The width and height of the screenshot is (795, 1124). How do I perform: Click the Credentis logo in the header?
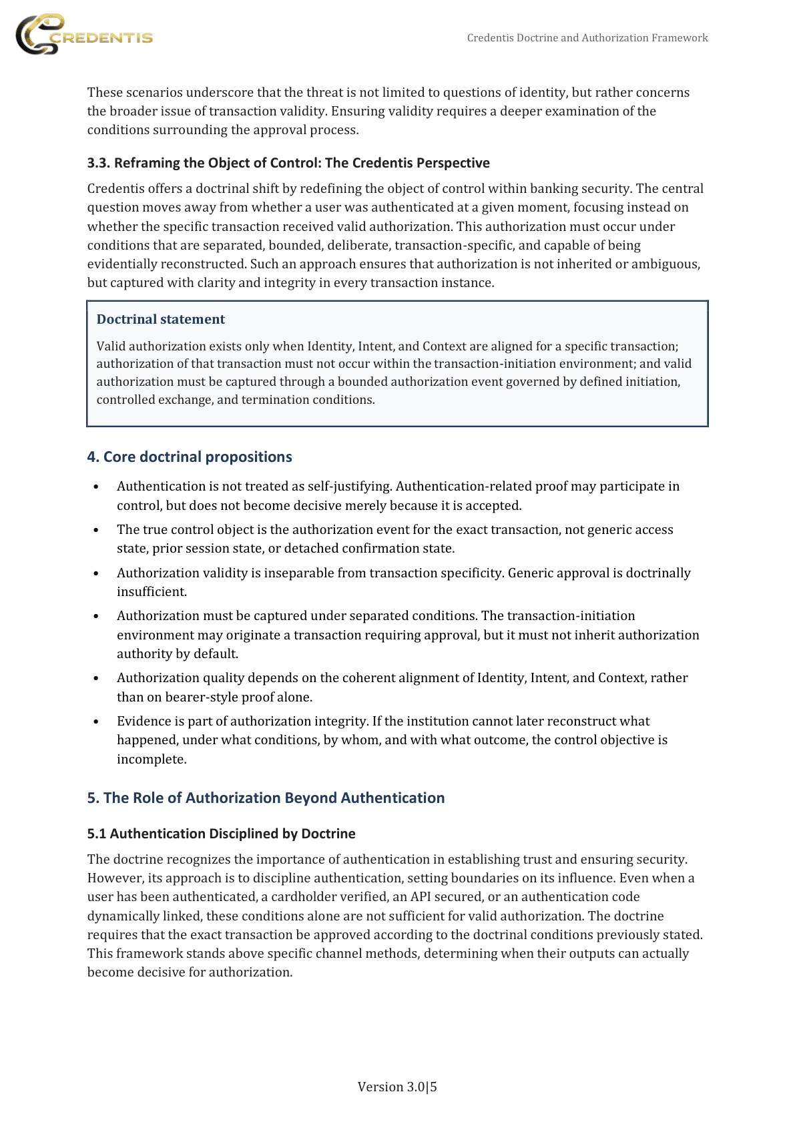[84, 35]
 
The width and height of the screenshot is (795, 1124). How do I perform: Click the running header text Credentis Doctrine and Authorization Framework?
[587, 38]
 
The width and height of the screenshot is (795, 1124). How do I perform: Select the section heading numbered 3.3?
[288, 163]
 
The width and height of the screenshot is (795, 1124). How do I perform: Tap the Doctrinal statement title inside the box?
[161, 319]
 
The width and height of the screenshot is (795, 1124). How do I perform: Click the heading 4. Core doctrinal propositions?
[190, 457]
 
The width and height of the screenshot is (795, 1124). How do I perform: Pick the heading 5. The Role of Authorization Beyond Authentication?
[266, 798]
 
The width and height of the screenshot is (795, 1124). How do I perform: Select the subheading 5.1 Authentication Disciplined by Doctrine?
[221, 834]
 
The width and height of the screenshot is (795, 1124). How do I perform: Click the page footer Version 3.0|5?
[397, 1087]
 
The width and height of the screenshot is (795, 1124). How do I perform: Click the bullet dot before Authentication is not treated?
[96, 487]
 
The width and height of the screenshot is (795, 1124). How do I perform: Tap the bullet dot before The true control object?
[96, 530]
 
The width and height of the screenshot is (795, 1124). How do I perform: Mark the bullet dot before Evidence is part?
[96, 722]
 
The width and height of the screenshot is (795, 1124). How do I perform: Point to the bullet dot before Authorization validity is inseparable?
[96, 573]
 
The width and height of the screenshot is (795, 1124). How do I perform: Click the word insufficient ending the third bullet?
[151, 592]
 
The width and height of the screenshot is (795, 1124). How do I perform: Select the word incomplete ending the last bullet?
[151, 760]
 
